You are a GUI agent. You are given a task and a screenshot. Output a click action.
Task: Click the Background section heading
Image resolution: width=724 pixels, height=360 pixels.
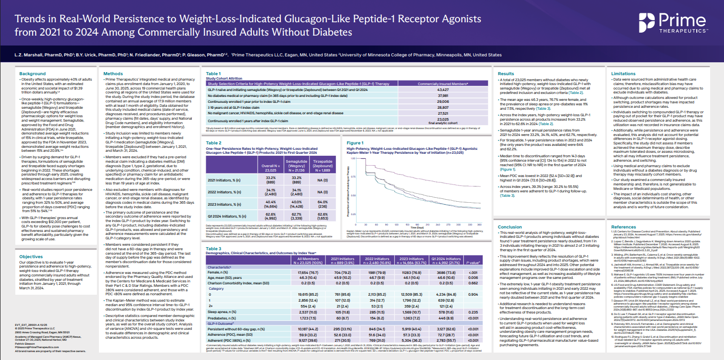33,74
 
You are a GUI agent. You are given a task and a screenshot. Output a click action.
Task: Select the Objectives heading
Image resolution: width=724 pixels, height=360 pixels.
32,257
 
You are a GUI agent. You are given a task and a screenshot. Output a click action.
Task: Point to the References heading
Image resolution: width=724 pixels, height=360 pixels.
624,226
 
